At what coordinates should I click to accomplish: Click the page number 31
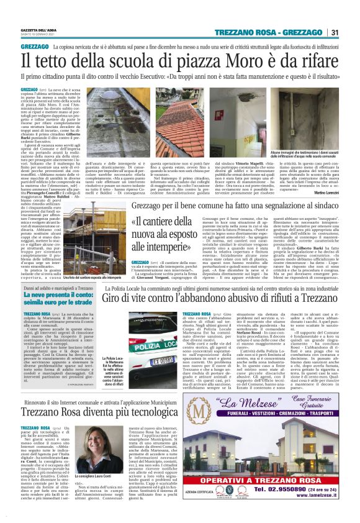tap(335, 32)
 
